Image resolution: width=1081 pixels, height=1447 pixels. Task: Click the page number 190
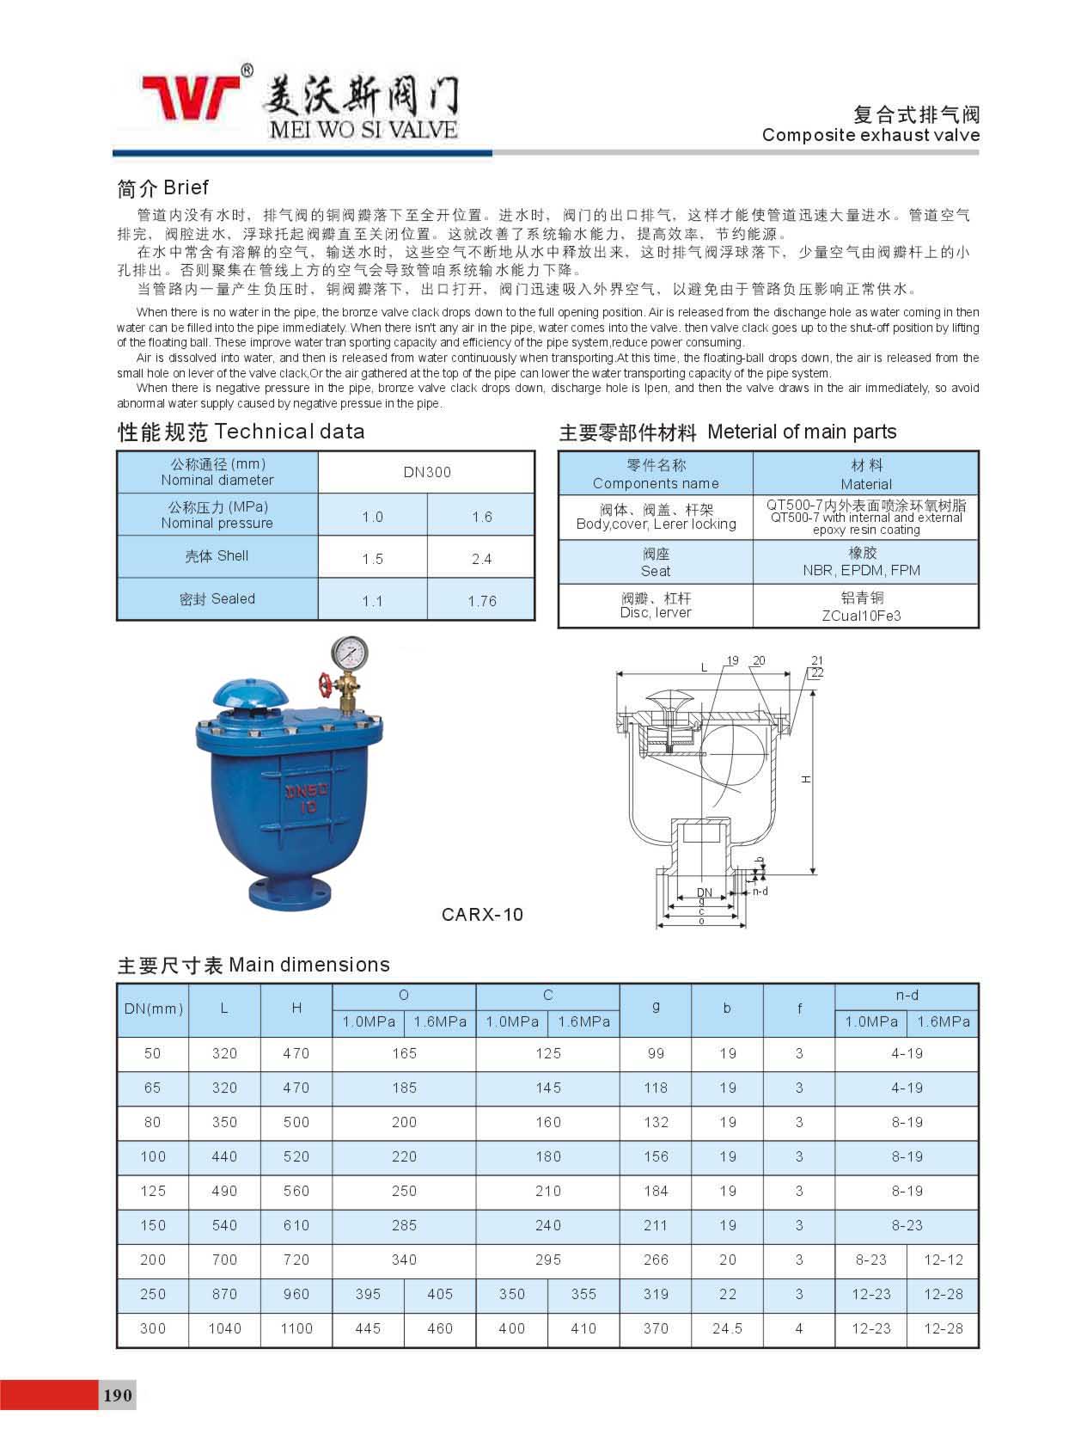118,1395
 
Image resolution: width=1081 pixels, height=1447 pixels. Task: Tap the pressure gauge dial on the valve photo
348,653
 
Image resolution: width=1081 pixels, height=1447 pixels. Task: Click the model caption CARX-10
482,915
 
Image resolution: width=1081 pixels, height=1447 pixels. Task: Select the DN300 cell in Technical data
427,472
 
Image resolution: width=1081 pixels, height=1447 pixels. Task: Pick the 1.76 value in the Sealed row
482,601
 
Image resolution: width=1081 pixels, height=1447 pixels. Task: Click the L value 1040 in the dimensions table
224,1328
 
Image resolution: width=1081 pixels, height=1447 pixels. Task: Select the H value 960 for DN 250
296,1294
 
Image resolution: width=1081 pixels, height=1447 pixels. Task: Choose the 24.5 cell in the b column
727,1328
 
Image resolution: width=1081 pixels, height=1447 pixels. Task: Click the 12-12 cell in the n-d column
944,1260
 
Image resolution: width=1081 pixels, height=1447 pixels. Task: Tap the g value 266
656,1260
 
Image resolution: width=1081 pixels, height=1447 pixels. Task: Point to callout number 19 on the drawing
732,661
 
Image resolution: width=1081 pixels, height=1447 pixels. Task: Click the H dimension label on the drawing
806,779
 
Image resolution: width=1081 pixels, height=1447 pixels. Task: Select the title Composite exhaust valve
870,135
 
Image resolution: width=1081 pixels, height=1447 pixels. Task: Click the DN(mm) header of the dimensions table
154,1009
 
